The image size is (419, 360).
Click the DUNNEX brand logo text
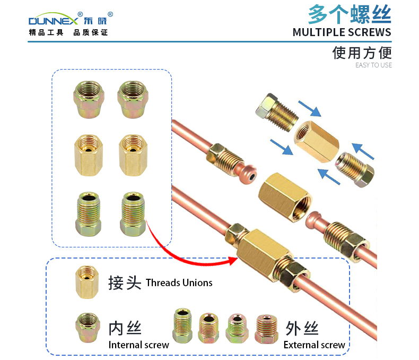pos(53,21)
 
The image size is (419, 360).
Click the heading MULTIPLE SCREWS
pos(342,32)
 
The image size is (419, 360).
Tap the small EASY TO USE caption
pos(373,65)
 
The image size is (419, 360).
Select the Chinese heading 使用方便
pos(362,53)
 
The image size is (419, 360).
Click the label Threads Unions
pos(179,282)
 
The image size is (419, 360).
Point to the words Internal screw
pos(138,345)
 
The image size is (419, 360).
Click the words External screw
pos(314,345)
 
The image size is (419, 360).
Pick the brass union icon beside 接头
pos(87,282)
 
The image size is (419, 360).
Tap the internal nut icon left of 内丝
pos(88,328)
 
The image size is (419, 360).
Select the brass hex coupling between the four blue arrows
pos(317,141)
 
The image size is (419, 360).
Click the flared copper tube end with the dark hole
pos(248,174)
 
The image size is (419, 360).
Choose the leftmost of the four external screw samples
pos(182,325)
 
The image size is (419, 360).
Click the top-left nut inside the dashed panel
pos(89,99)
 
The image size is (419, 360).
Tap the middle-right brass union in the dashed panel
pos(133,155)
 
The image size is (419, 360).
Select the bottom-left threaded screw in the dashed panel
pos(89,214)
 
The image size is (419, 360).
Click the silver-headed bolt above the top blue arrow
pos(276,113)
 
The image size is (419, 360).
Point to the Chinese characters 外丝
pos(302,328)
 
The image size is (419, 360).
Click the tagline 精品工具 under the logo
pos(46,32)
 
